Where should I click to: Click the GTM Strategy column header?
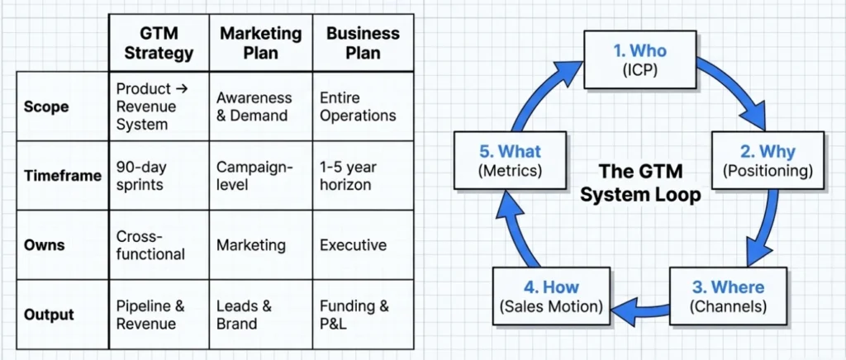pyautogui.click(x=159, y=43)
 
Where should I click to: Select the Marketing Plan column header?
pyautogui.click(x=260, y=43)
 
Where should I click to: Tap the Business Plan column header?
pyautogui.click(x=363, y=43)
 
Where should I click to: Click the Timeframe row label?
pyautogui.click(x=62, y=176)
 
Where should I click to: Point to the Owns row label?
pyautogui.click(x=45, y=245)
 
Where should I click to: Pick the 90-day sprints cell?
pyautogui.click(x=141, y=176)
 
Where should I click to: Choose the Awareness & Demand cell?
pyautogui.click(x=254, y=107)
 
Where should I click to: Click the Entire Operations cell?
pyautogui.click(x=358, y=107)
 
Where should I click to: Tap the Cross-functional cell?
pyautogui.click(x=150, y=245)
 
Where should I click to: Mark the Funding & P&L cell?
pyautogui.click(x=354, y=315)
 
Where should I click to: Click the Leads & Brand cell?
pyautogui.click(x=244, y=315)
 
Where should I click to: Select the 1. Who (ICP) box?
pyautogui.click(x=640, y=59)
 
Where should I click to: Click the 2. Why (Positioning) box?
pyautogui.click(x=768, y=160)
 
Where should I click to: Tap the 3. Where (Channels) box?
pyautogui.click(x=728, y=296)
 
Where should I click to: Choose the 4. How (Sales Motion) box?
pyautogui.click(x=551, y=296)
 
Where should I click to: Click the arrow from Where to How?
pyautogui.click(x=640, y=308)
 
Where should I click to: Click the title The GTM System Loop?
pyautogui.click(x=640, y=183)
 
